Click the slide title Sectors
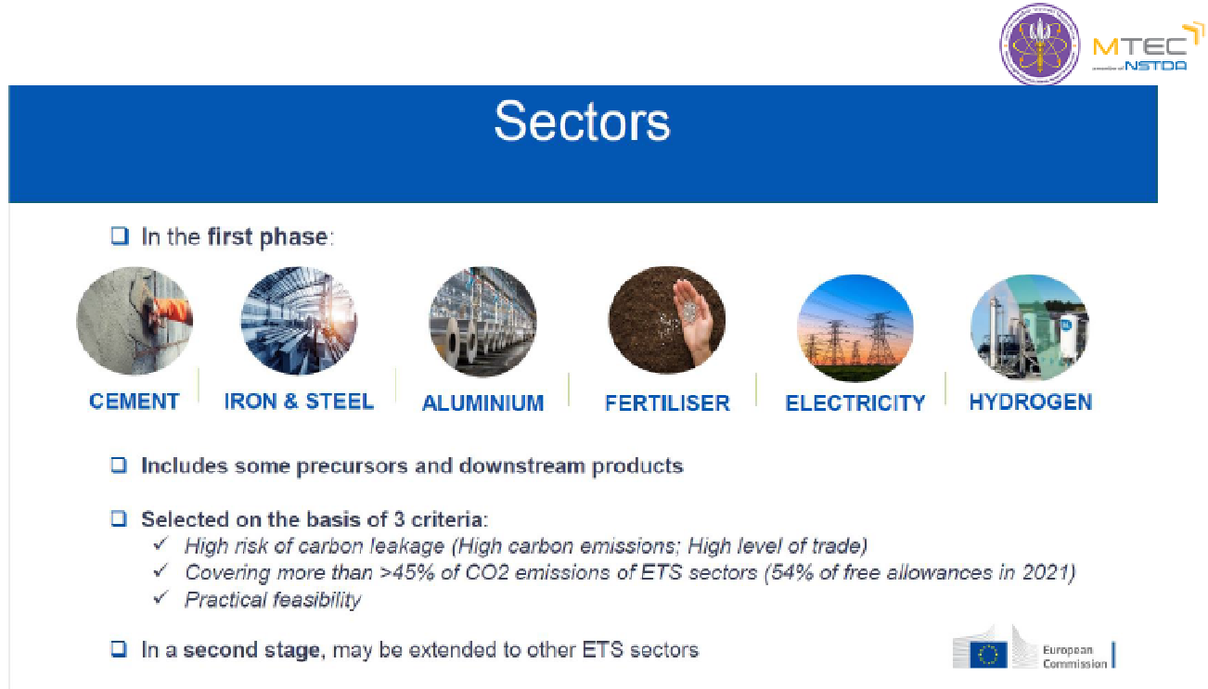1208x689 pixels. pyautogui.click(x=582, y=121)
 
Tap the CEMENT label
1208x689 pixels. pyautogui.click(x=135, y=402)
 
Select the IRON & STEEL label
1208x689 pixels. pyautogui.click(x=299, y=402)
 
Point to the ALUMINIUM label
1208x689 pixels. pyautogui.click(x=482, y=403)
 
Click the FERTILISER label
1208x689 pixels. pyautogui.click(x=667, y=403)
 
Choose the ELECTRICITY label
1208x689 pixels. pyautogui.click(x=855, y=403)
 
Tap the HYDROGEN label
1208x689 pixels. pyautogui.click(x=1031, y=402)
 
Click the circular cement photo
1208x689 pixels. pyautogui.click(x=135, y=321)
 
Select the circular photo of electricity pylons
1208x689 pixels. pyautogui.click(x=855, y=327)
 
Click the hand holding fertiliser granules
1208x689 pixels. pyautogui.click(x=695, y=318)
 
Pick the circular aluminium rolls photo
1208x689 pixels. pyautogui.click(x=482, y=322)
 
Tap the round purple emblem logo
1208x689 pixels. pyautogui.click(x=1040, y=45)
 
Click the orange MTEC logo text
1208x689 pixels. pyautogui.click(x=1139, y=47)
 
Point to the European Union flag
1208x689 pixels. pyautogui.click(x=988, y=655)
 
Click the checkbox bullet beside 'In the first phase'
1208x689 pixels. pyautogui.click(x=120, y=236)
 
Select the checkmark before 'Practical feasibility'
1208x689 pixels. pyautogui.click(x=161, y=597)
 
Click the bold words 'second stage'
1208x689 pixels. pyautogui.click(x=251, y=650)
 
